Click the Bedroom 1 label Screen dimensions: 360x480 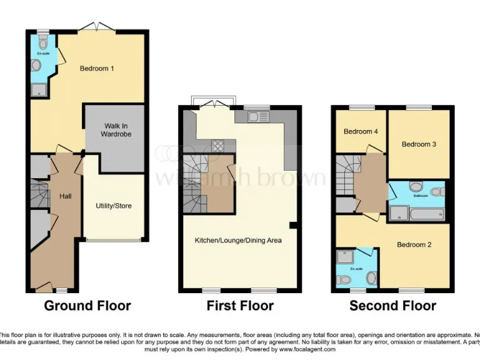[96, 68]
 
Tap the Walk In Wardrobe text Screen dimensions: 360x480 [117, 129]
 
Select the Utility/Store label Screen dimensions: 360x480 [113, 206]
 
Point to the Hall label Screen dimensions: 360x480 [65, 196]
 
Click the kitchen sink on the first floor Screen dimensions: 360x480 [257, 116]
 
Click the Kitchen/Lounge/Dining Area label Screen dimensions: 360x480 [238, 240]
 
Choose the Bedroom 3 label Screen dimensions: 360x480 [418, 144]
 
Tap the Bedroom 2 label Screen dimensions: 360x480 [414, 244]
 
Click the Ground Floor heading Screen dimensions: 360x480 [87, 306]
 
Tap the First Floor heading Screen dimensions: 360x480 [240, 306]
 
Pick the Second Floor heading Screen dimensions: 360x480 [392, 306]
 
